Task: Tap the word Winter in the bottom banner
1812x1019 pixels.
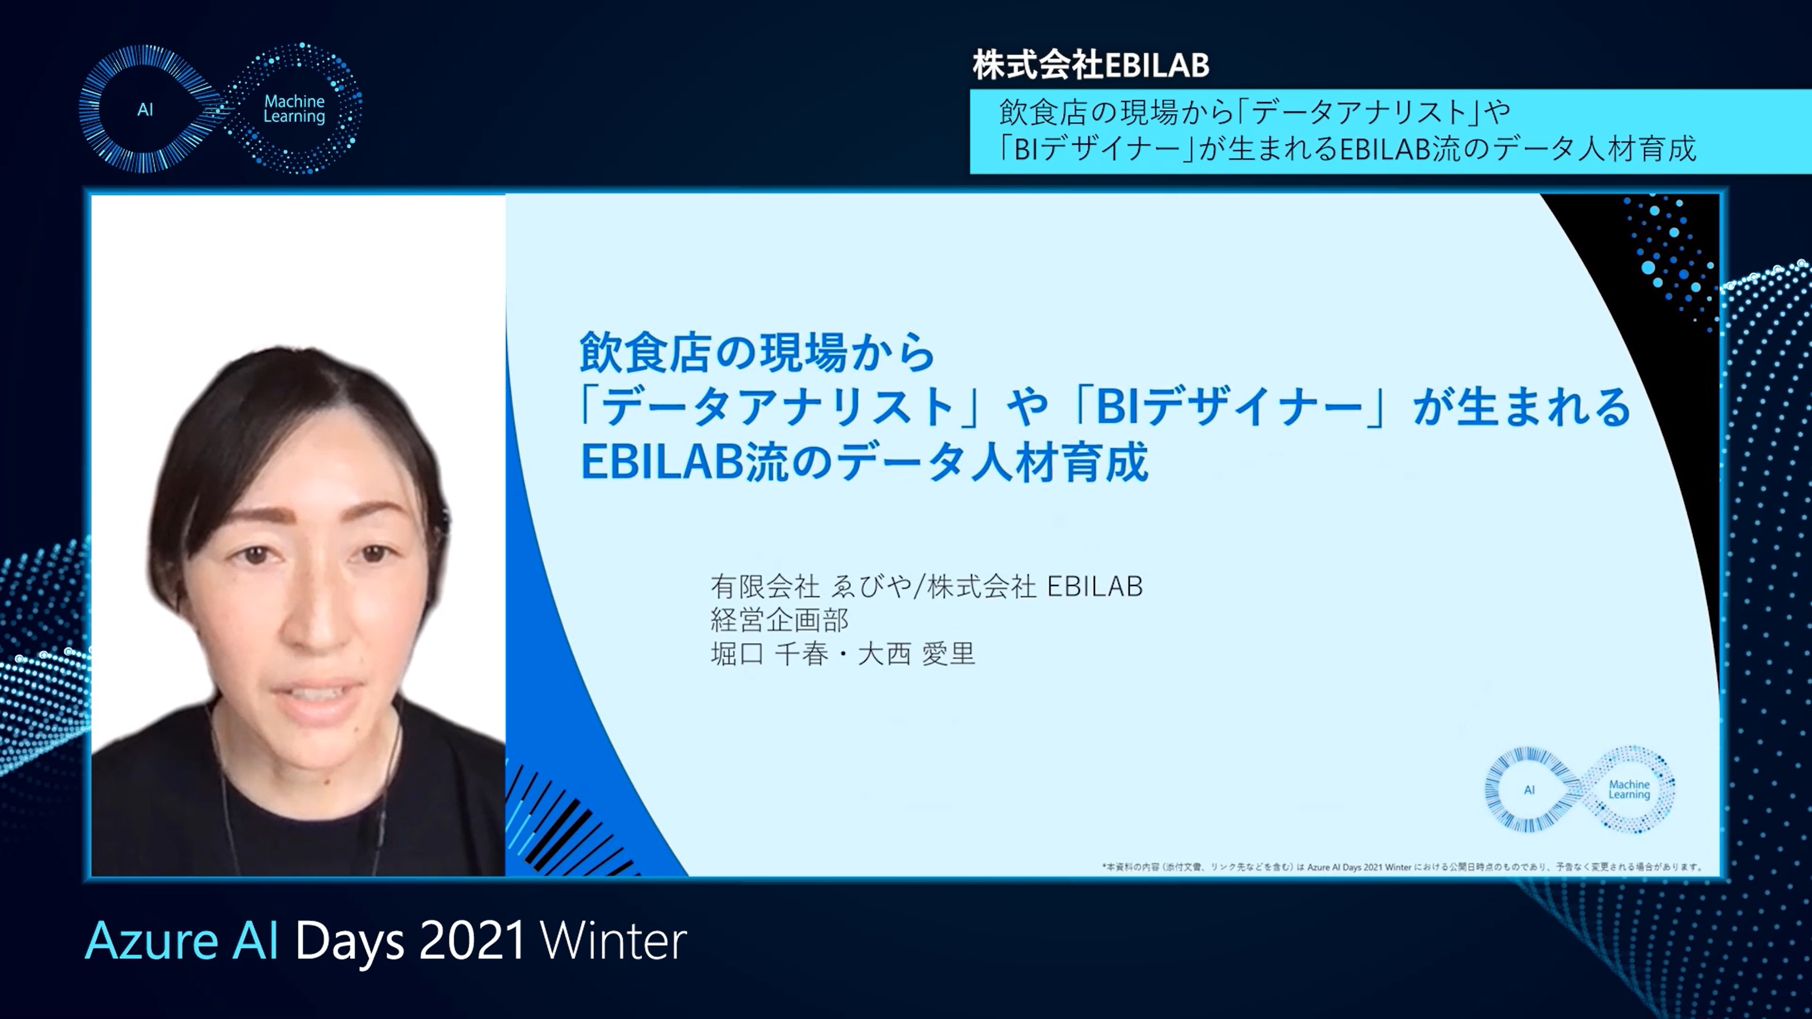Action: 613,941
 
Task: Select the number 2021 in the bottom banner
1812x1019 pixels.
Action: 472,941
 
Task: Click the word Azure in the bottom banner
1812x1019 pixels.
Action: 151,941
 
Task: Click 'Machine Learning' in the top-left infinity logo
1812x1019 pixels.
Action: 294,109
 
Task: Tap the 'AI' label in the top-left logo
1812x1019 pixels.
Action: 145,110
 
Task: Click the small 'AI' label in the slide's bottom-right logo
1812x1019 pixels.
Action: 1529,790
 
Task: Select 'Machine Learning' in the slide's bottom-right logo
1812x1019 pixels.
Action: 1629,789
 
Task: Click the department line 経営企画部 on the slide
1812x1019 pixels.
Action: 780,619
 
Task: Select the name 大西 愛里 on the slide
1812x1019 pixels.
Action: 916,654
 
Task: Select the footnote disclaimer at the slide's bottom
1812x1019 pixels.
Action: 1401,867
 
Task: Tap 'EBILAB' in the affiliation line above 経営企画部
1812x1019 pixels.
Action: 1095,586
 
